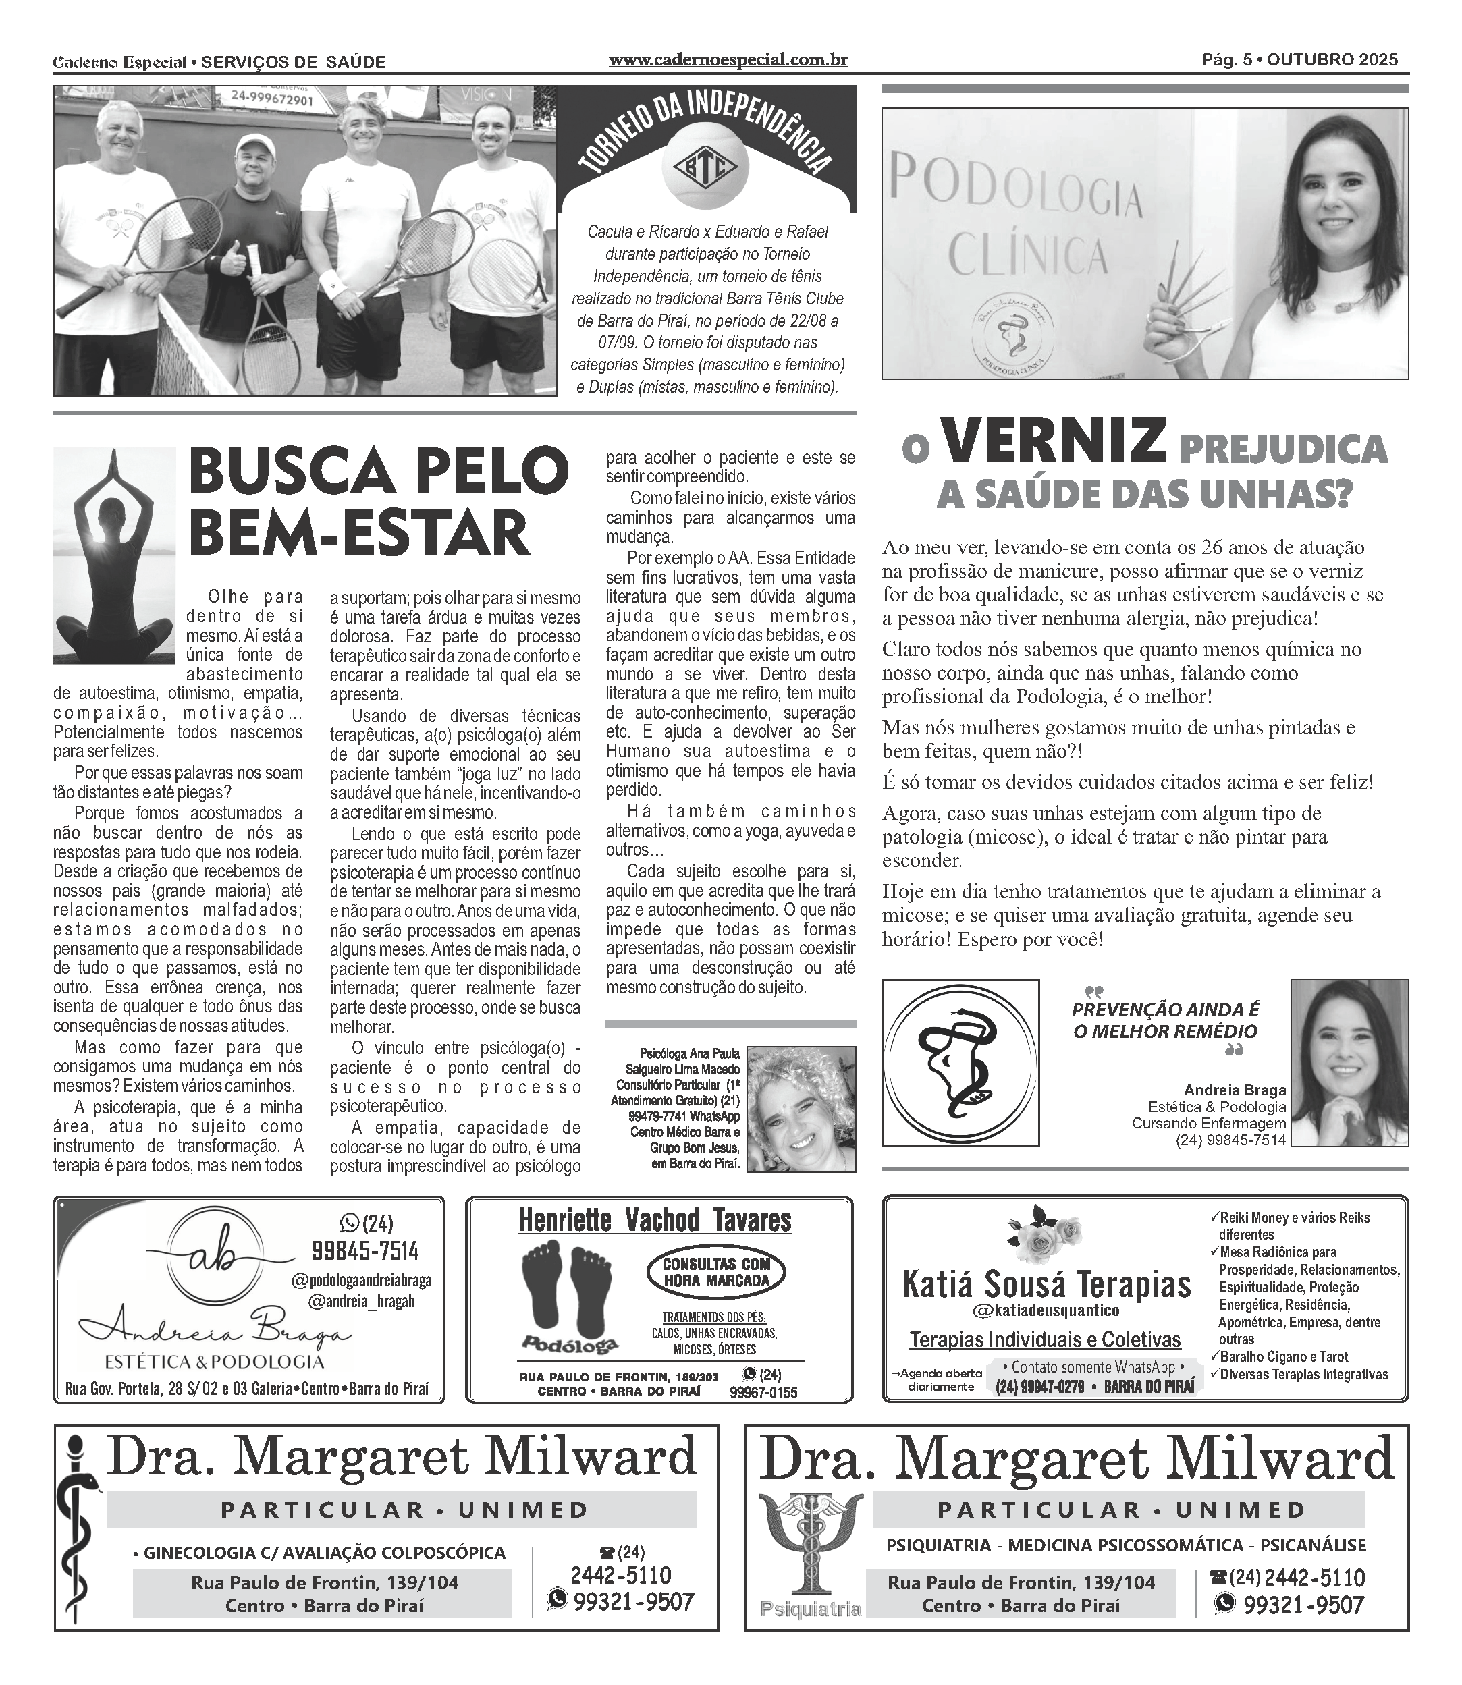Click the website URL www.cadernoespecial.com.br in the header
pyautogui.click(x=728, y=60)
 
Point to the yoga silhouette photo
pyautogui.click(x=114, y=555)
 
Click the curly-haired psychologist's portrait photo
pyautogui.click(x=801, y=1109)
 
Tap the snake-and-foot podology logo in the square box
pyautogui.click(x=959, y=1062)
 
